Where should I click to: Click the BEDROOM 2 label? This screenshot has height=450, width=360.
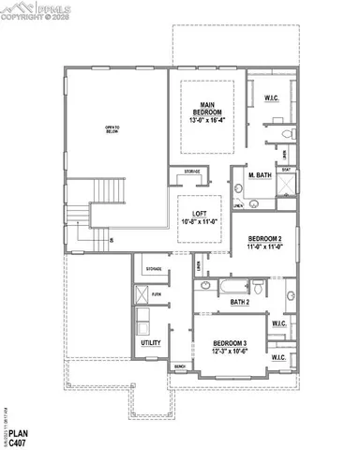(x=263, y=241)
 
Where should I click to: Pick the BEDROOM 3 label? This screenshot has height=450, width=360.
(x=229, y=343)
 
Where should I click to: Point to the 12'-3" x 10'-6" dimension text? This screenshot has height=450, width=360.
(x=229, y=352)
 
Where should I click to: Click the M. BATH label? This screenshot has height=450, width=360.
(x=260, y=176)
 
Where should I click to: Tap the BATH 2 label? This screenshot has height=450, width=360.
(x=240, y=302)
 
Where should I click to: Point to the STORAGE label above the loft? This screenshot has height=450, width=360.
(x=191, y=172)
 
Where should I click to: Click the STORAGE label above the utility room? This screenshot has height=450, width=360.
(x=155, y=269)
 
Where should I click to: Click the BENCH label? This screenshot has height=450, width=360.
(x=179, y=367)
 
